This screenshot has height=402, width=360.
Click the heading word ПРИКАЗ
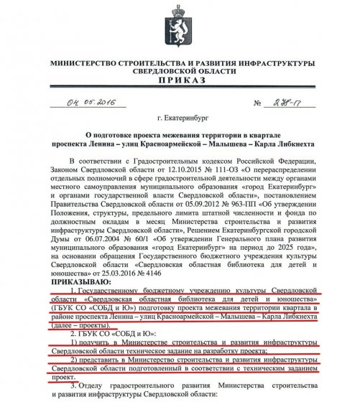179,83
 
